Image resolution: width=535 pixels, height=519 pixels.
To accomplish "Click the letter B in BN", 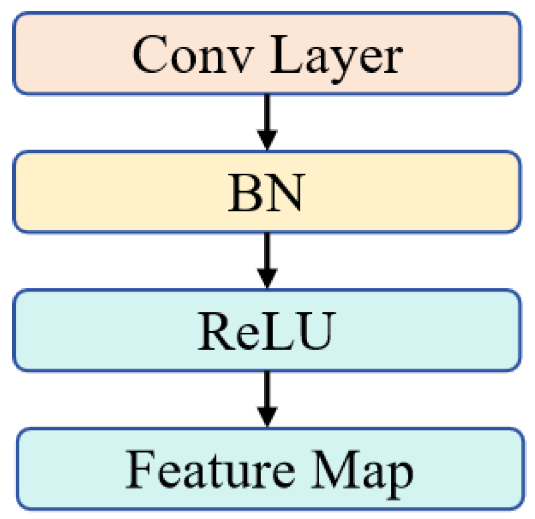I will (245, 193).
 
